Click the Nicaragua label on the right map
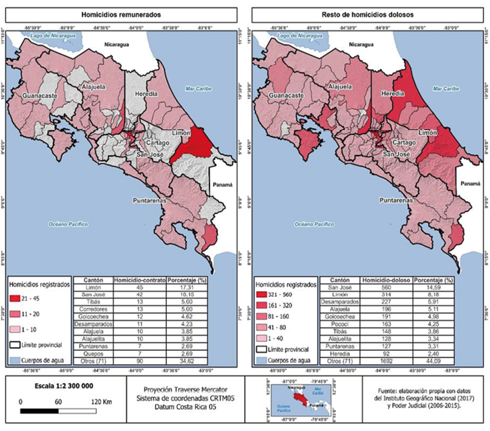[x=363, y=45]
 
